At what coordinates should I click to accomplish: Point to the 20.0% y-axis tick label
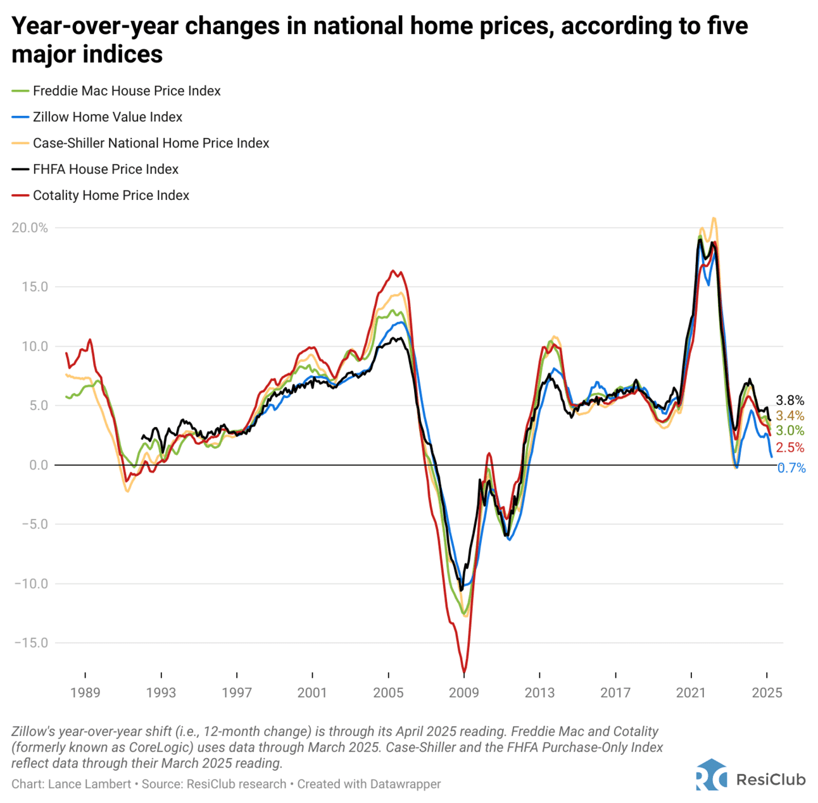pos(30,228)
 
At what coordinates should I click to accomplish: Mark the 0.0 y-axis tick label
pos(39,465)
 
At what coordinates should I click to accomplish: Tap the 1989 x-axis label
pos(85,692)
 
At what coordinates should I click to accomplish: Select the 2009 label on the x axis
pos(464,692)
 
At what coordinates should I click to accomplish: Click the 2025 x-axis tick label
pos(767,692)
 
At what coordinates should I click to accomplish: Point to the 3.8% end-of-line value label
pos(790,401)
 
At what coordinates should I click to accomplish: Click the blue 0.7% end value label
pos(791,468)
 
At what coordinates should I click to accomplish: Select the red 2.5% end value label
pos(790,448)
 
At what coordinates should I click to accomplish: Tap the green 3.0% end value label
pos(790,431)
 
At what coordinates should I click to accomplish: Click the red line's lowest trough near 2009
pos(464,673)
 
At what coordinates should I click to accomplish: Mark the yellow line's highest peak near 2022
pos(714,218)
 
